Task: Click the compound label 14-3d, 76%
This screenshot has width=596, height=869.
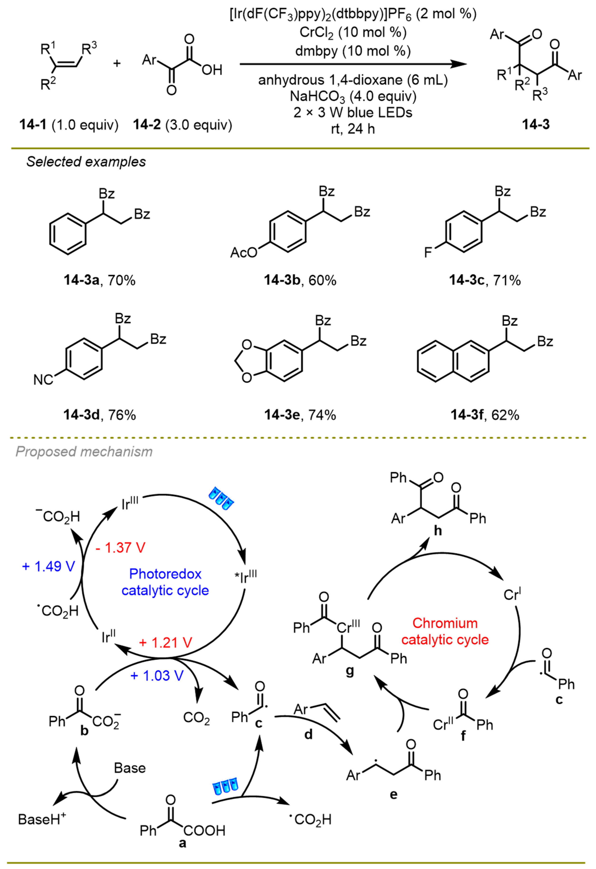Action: tap(99, 415)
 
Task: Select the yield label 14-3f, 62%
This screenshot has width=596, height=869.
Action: tap(485, 415)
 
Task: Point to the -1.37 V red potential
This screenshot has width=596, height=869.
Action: tap(120, 548)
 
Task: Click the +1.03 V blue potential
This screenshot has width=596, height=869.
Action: tap(157, 676)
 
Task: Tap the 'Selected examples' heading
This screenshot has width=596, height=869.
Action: tap(86, 162)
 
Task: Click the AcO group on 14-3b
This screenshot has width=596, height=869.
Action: tap(244, 253)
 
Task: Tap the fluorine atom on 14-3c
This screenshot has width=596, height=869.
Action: tap(428, 253)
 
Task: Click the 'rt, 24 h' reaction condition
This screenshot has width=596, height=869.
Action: tap(353, 129)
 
